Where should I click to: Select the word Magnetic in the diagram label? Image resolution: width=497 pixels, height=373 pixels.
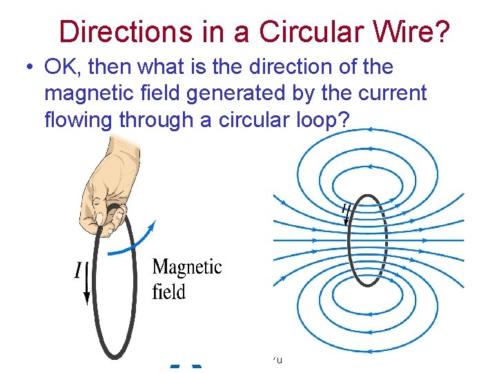tap(187, 267)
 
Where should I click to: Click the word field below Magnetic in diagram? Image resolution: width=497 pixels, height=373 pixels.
tap(169, 291)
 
